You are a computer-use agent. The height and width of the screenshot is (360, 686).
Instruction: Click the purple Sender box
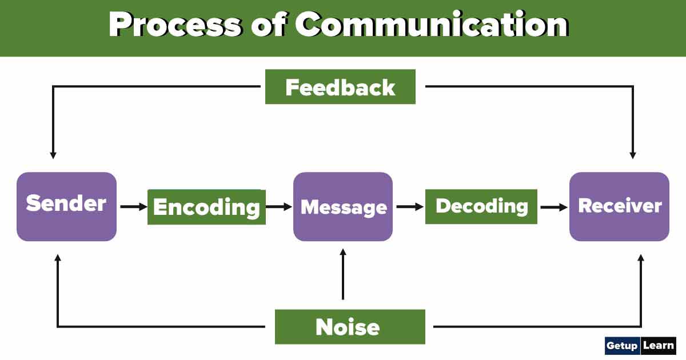pos(66,206)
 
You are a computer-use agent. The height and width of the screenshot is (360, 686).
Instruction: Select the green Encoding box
pos(206,207)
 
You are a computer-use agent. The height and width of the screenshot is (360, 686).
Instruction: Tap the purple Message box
pos(343,207)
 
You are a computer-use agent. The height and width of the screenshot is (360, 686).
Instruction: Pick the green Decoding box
pos(481,206)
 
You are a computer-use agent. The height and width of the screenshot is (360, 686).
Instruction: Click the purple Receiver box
pos(619,206)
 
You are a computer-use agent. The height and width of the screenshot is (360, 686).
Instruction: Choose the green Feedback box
pos(340,87)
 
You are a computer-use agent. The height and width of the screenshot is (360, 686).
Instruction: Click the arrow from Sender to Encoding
pos(133,207)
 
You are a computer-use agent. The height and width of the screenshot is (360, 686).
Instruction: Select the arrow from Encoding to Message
pos(280,207)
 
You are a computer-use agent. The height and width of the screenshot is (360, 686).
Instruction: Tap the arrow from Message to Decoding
pos(409,207)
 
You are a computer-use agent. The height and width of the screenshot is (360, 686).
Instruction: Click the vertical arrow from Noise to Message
pos(343,274)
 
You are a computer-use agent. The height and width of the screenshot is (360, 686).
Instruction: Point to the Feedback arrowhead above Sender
pos(53,154)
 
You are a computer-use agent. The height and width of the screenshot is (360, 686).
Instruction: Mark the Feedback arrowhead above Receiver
pos(633,154)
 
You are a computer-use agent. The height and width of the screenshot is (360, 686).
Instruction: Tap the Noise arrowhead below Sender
pos(57,259)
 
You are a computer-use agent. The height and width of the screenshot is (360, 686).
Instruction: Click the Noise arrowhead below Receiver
pos(641,259)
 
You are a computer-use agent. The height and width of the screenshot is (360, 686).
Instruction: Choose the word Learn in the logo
pos(659,346)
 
